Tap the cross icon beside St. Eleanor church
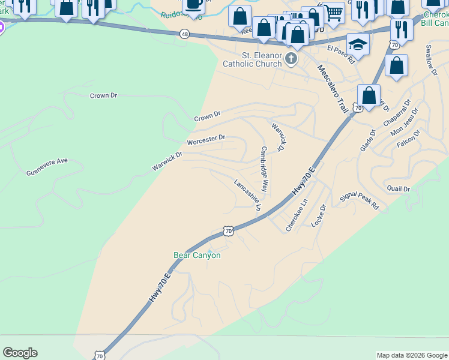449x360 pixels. coord(291,59)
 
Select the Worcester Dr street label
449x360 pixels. coord(206,140)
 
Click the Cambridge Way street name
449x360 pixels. coord(264,169)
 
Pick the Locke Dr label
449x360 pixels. coord(319,215)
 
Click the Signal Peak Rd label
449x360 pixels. coord(360,200)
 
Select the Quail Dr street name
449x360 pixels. coord(399,188)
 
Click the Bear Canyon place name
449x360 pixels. coord(197,255)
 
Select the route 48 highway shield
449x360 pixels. coord(184,35)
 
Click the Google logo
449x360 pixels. coord(20,353)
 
